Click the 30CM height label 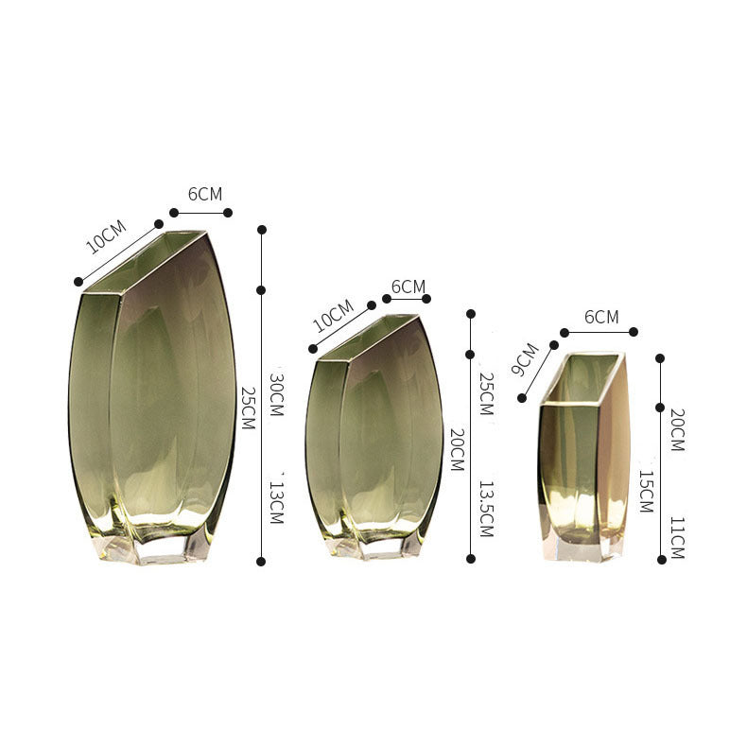tap(277, 394)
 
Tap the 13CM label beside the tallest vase tap(277, 502)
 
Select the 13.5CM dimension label tap(485, 509)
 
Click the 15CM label tap(646, 491)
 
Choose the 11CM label tap(677, 538)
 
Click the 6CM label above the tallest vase tap(205, 194)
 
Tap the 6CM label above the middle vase tap(408, 287)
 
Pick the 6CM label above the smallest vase tap(601, 317)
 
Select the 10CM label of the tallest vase tap(106, 236)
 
